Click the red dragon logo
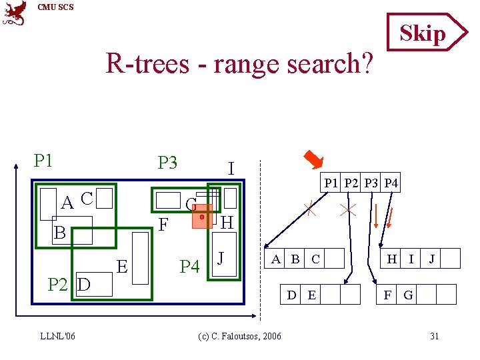click(x=15, y=13)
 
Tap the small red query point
click(x=201, y=217)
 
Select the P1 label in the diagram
click(x=43, y=161)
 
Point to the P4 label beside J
click(x=189, y=267)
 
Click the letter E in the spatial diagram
click(x=122, y=267)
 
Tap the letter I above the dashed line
click(x=231, y=169)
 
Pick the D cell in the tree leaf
click(x=291, y=294)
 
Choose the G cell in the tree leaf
click(x=408, y=294)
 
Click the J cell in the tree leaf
click(x=431, y=259)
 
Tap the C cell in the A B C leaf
click(x=315, y=259)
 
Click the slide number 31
click(x=434, y=336)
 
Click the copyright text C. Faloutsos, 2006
click(x=240, y=336)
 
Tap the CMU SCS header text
click(x=56, y=7)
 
